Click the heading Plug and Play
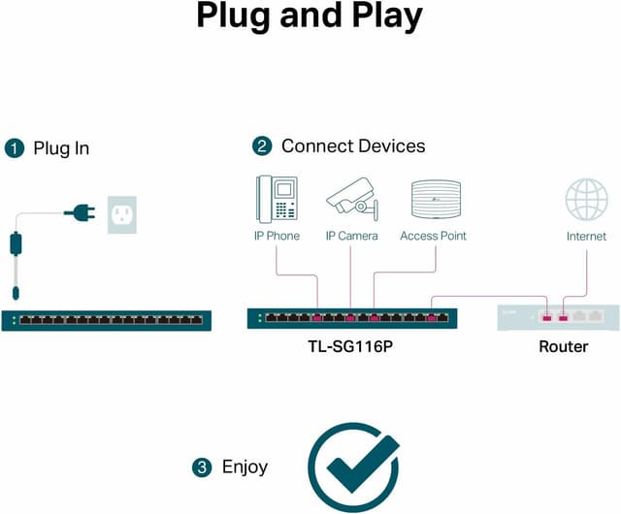coord(310,16)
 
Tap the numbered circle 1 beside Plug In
coord(14,148)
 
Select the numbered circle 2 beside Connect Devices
coord(261,146)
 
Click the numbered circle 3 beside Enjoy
coord(202,467)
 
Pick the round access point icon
coord(434,200)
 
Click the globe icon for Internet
coord(586,200)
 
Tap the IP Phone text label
coord(278,236)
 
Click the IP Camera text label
coord(351,236)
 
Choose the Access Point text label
coord(433,236)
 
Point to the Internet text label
coord(586,236)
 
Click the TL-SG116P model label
coord(351,346)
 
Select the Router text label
coord(563,346)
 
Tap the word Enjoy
coord(245,467)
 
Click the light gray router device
coord(557,317)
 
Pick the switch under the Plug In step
coord(106,319)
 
